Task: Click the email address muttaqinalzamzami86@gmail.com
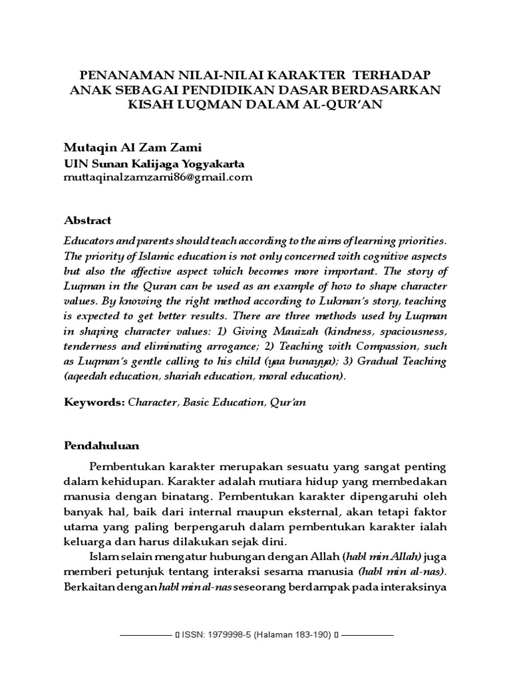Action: pos(158,177)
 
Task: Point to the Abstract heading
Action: pos(87,220)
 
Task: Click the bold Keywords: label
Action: pos(94,402)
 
